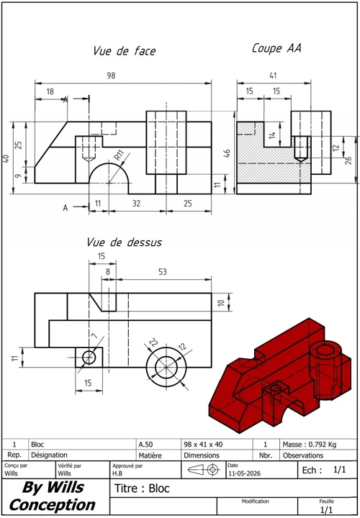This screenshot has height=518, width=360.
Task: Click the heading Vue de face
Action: (x=125, y=51)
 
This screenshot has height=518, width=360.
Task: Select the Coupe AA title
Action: (x=276, y=48)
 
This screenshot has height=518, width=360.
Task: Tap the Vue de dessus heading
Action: (x=125, y=242)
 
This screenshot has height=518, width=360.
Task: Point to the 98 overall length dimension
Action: (x=111, y=76)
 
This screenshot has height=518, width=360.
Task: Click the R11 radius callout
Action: (x=120, y=155)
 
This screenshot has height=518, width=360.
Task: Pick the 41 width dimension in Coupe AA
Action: (x=273, y=76)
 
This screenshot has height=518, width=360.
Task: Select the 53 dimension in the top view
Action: (x=163, y=272)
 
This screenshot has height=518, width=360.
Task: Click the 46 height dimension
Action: (x=227, y=153)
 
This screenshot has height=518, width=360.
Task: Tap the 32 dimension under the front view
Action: (x=136, y=203)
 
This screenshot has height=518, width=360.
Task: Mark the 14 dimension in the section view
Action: (x=272, y=135)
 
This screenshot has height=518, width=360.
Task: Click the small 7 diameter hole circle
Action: (x=89, y=357)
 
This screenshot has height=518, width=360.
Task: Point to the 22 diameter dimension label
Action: (x=153, y=342)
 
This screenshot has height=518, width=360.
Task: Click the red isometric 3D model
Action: (x=279, y=376)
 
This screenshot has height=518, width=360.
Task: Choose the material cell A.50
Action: (x=145, y=445)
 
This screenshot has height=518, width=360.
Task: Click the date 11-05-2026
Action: (x=244, y=473)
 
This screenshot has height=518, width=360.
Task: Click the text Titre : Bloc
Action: (x=142, y=489)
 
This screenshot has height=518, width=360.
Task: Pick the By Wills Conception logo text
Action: (x=53, y=496)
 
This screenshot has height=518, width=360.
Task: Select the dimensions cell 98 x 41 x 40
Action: (x=203, y=445)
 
